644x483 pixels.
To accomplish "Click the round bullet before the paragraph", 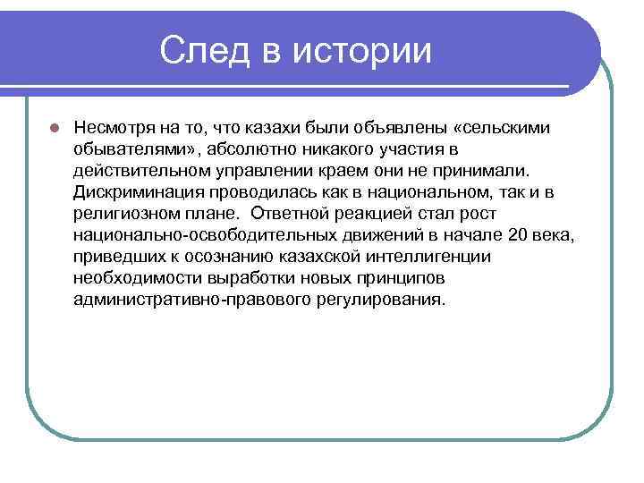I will pyautogui.click(x=54, y=127).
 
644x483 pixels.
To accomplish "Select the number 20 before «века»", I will pyautogui.click(x=516, y=233).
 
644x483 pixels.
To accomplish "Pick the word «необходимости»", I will pyautogui.click(x=130, y=276).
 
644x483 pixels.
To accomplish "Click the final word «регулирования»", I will pyautogui.click(x=379, y=298).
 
